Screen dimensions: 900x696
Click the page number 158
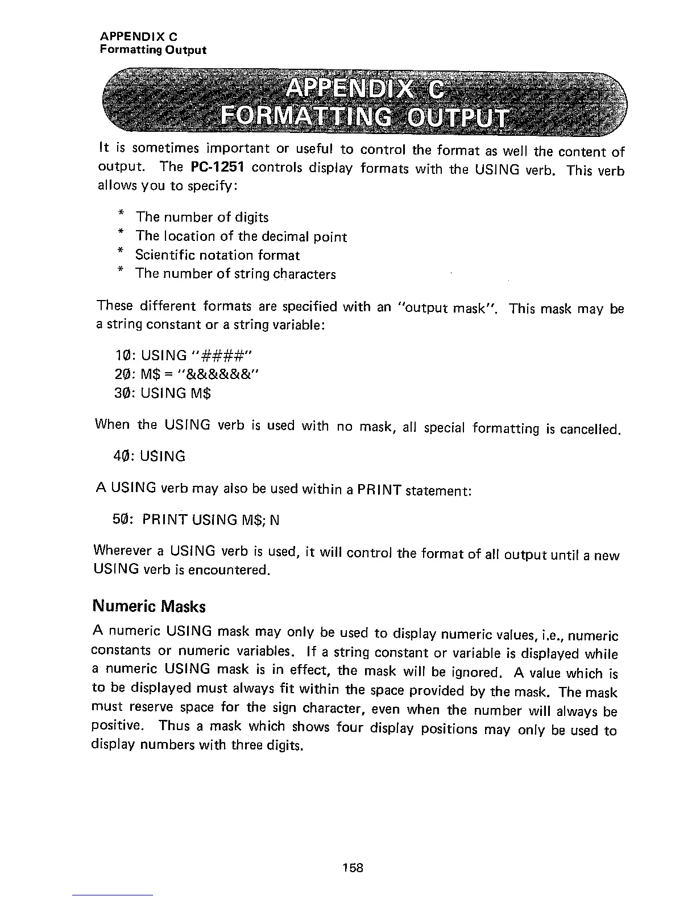tap(353, 868)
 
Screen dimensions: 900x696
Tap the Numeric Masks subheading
tap(148, 606)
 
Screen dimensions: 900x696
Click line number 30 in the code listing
tap(123, 393)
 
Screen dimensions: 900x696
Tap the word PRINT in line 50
tap(165, 520)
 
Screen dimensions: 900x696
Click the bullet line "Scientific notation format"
tap(217, 255)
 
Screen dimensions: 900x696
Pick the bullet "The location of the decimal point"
tap(241, 236)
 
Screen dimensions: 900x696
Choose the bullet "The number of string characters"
tap(235, 274)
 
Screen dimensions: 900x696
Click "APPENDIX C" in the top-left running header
tap(139, 37)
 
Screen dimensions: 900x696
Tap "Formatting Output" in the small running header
tap(152, 49)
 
